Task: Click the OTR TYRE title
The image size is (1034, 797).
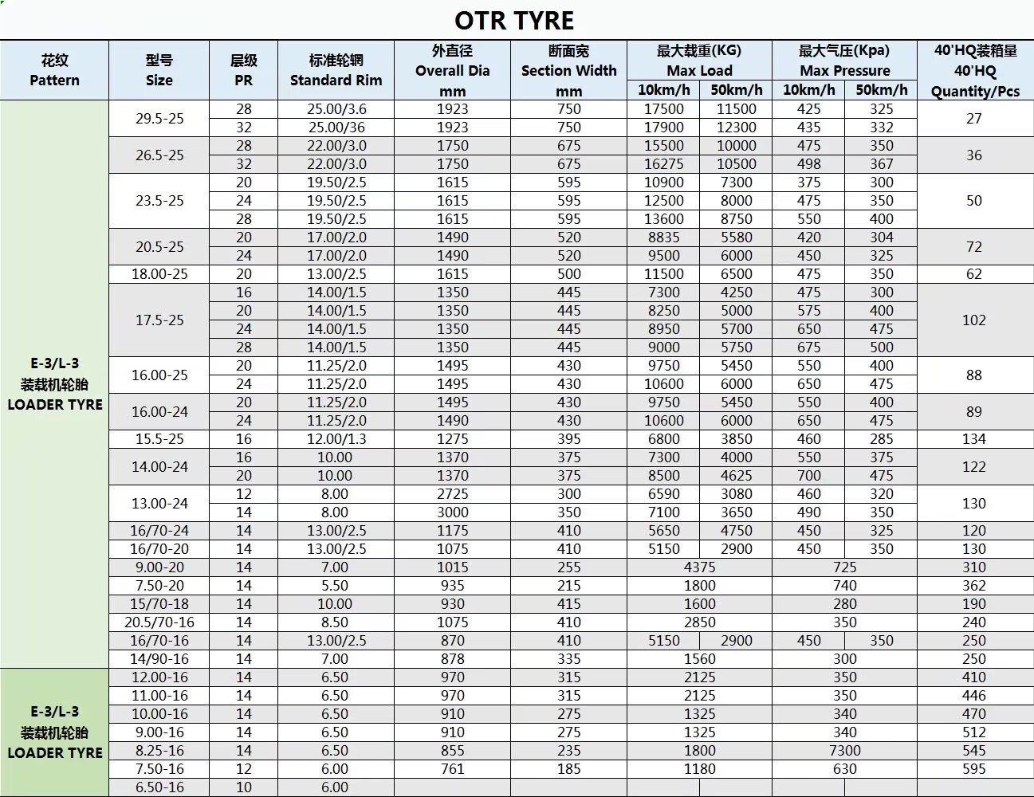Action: coord(514,20)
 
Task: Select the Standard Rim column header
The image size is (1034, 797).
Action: coord(336,70)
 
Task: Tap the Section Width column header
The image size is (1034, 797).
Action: coord(568,70)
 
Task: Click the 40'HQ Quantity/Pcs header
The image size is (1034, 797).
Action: coord(975,70)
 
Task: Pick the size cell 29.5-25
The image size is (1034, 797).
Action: coord(159,118)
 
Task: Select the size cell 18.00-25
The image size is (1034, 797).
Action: coord(159,273)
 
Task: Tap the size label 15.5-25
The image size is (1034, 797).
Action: coord(159,438)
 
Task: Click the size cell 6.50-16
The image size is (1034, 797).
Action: coord(159,787)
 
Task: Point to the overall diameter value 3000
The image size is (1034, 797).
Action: coord(452,512)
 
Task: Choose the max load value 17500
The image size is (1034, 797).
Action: coord(663,108)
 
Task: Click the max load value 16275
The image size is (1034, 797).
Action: coord(663,163)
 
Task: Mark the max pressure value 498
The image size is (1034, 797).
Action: coord(808,163)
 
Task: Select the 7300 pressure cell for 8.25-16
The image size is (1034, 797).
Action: coord(844,750)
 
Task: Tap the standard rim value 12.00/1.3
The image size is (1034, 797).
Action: coord(336,438)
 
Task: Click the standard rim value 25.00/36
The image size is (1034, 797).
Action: coord(336,127)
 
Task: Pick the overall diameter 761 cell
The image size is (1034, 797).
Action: coord(452,768)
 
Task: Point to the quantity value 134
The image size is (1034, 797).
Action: coord(974,438)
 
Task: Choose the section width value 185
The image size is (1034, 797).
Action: coord(568,768)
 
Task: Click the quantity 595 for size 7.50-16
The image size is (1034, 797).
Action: coord(974,768)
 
